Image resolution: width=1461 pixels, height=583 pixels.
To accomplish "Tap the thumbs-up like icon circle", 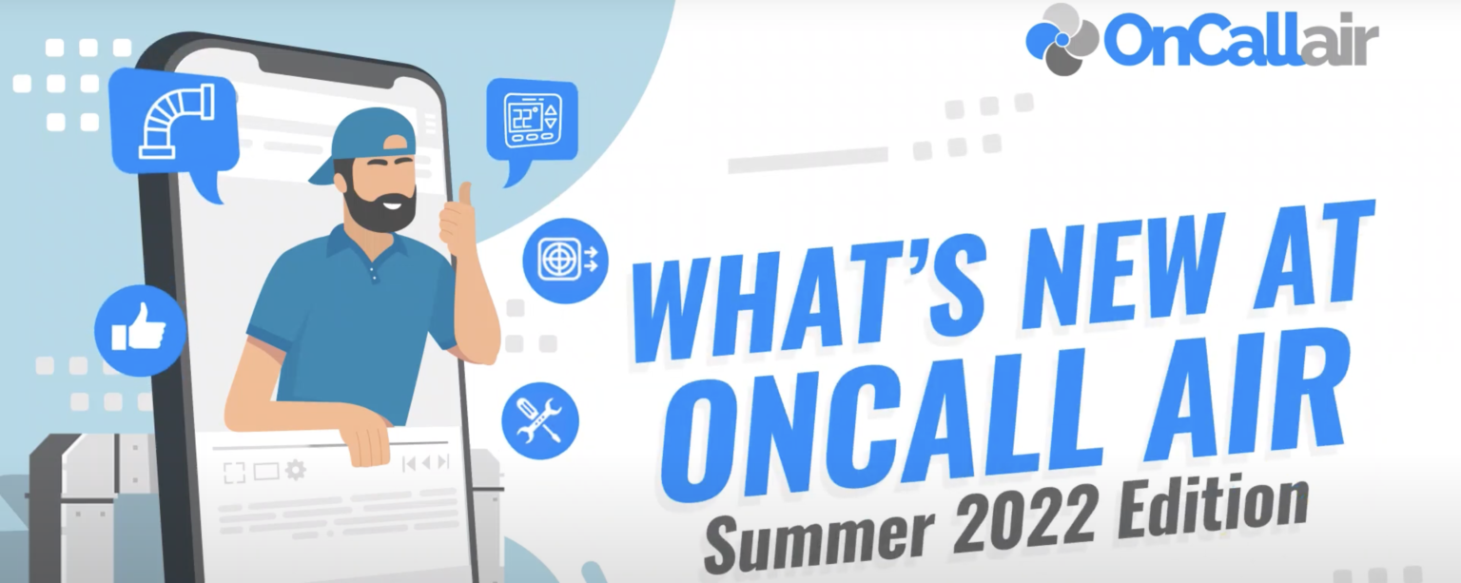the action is (x=140, y=331).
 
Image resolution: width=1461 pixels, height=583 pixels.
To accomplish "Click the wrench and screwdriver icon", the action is (x=539, y=420).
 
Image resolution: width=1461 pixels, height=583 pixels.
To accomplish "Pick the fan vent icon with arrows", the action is (x=565, y=260).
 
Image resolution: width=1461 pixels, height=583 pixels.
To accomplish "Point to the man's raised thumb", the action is (x=464, y=196).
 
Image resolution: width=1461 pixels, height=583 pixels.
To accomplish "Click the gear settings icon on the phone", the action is (x=296, y=470).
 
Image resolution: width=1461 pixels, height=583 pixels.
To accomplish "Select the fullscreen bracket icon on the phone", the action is (x=234, y=473).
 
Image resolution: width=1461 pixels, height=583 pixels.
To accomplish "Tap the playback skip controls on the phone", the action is (x=426, y=463).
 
